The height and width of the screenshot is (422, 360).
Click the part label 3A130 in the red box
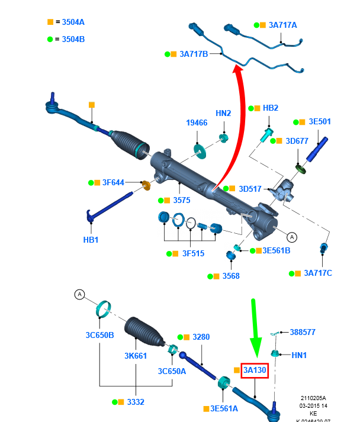255,371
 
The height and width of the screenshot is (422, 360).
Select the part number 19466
197,123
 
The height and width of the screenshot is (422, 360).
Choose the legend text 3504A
73,22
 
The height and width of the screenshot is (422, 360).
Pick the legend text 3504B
73,40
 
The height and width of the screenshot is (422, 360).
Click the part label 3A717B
193,54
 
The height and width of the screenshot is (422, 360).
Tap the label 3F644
114,182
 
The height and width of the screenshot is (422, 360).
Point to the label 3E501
320,121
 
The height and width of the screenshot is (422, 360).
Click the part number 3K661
136,356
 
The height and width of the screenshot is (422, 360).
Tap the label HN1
299,355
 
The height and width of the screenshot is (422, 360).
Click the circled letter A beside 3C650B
79,294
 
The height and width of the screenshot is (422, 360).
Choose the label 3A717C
318,273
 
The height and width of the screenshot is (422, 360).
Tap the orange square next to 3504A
50,22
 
